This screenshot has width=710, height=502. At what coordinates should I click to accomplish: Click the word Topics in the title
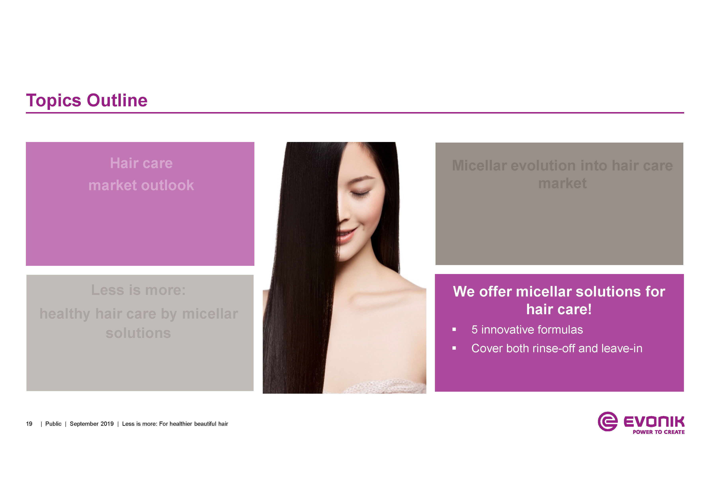pyautogui.click(x=54, y=101)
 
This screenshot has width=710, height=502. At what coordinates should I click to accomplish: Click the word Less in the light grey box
pyautogui.click(x=108, y=290)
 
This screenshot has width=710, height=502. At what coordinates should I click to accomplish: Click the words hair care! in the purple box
pyautogui.click(x=559, y=309)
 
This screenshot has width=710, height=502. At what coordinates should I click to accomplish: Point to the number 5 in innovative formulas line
pyautogui.click(x=474, y=330)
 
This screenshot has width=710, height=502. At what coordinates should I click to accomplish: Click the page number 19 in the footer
pyautogui.click(x=29, y=424)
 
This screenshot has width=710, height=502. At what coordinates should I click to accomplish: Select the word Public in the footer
pyautogui.click(x=53, y=424)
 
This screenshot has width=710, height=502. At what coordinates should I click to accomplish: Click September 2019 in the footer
pyautogui.click(x=92, y=424)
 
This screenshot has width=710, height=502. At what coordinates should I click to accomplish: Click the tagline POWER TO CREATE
pyautogui.click(x=658, y=432)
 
